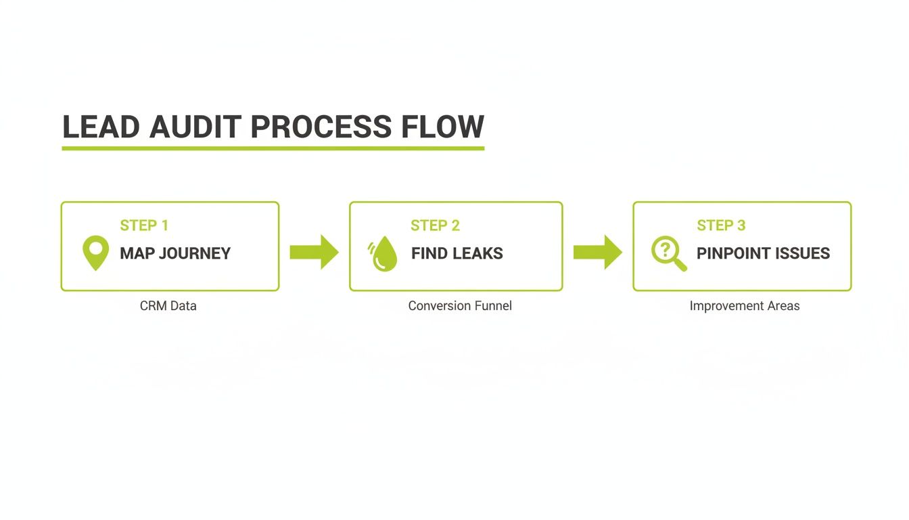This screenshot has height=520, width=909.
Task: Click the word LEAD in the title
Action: click(101, 127)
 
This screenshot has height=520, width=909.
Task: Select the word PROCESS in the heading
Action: click(321, 127)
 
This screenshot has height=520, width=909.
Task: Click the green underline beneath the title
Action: click(273, 147)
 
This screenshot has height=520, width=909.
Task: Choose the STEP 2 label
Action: click(435, 225)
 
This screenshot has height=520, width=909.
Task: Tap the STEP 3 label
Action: click(721, 225)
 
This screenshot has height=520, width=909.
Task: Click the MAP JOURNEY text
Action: click(175, 253)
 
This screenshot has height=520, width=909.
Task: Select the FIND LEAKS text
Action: click(457, 253)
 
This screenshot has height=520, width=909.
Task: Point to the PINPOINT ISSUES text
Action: click(763, 253)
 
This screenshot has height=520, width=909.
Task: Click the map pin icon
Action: click(95, 253)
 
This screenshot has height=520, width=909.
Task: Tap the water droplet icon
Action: click(384, 254)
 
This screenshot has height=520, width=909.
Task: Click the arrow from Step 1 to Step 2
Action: click(314, 252)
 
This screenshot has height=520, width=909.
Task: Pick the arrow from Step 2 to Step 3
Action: click(597, 252)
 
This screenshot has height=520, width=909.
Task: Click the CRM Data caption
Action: click(168, 306)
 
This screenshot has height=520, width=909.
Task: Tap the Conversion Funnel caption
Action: click(460, 306)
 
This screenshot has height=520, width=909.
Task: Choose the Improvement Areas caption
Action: click(744, 306)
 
